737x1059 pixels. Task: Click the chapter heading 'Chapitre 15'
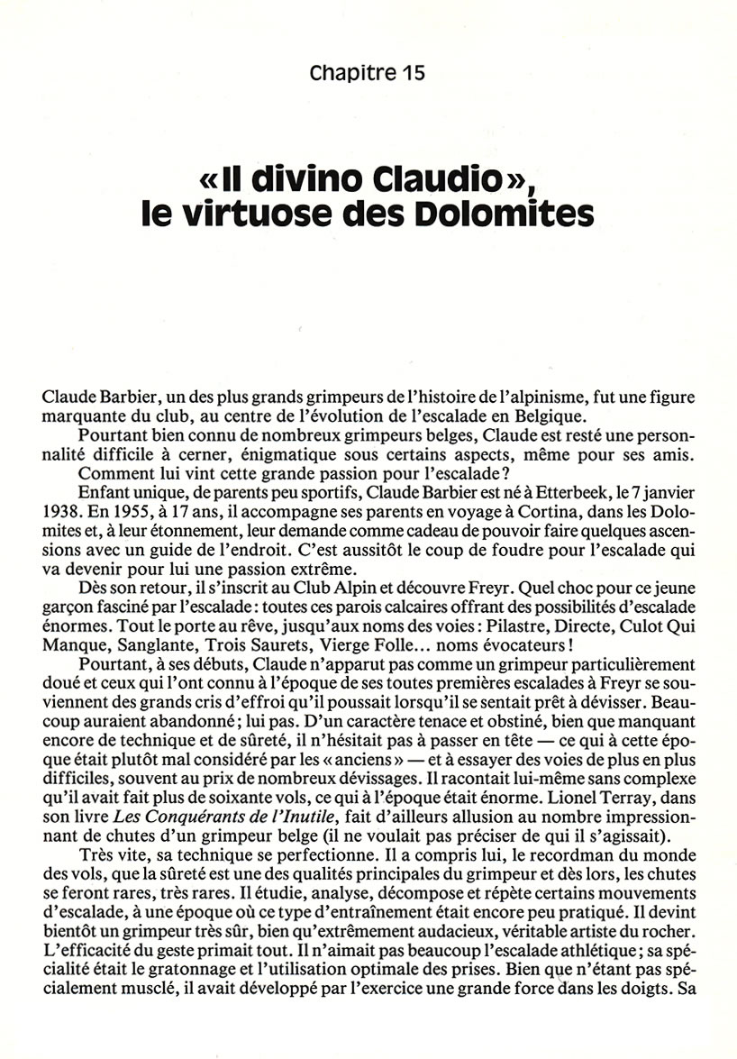tap(367, 73)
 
